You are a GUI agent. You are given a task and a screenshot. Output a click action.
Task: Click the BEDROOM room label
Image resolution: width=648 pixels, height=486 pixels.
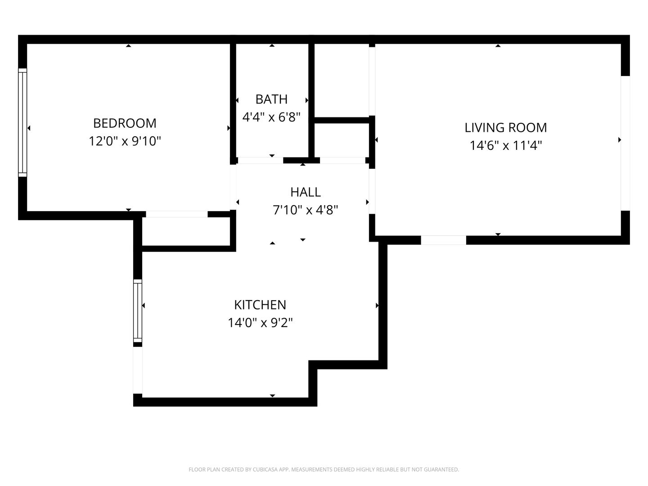click(125, 123)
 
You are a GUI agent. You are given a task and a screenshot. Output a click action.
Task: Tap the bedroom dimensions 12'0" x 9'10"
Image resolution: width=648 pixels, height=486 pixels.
click(125, 141)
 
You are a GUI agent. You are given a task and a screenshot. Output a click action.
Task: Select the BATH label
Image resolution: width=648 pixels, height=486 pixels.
click(271, 99)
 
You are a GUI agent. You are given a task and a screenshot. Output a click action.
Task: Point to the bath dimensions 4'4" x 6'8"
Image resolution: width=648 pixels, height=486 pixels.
click(271, 117)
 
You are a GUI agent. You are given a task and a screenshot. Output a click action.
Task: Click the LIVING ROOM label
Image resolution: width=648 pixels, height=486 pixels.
click(506, 127)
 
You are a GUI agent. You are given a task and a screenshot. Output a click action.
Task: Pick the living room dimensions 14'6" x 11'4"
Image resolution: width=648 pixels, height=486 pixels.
click(506, 145)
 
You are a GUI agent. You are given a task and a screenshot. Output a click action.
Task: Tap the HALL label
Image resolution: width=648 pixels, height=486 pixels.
click(306, 192)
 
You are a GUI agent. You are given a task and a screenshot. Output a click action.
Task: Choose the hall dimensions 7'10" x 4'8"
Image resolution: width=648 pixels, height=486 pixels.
click(306, 210)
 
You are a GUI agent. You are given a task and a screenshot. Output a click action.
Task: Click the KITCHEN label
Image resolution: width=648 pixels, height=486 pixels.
click(260, 305)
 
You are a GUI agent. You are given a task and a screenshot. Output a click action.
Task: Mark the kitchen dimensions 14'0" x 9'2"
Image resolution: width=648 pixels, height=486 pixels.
click(260, 323)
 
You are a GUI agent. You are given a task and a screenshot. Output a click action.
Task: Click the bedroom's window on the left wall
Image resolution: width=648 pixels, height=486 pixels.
click(22, 122)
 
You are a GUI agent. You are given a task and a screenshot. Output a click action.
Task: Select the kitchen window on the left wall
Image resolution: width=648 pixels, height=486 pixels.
click(138, 310)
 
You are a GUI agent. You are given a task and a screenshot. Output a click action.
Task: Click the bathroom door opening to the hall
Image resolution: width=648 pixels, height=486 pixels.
click(261, 160)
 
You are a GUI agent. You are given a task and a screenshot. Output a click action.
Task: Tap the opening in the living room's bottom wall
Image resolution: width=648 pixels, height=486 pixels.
click(443, 240)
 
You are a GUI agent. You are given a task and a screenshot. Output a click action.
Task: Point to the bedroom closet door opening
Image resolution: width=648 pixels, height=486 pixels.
click(177, 214)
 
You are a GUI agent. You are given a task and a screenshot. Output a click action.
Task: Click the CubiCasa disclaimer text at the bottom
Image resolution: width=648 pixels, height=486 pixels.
click(324, 469)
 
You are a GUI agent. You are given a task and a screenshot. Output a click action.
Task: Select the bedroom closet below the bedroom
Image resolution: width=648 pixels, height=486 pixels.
click(186, 231)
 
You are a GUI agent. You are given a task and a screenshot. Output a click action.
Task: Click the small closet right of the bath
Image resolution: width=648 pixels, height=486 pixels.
click(341, 140)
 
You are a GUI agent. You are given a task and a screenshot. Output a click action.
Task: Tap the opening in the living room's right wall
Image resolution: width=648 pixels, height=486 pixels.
click(625, 144)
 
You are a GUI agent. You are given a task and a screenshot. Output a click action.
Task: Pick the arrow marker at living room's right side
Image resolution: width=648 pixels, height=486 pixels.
click(620, 140)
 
